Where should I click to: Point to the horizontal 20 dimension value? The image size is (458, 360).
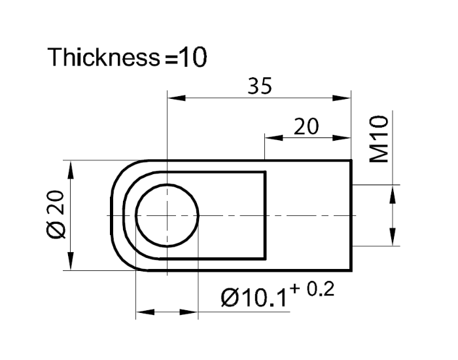pos(306,127)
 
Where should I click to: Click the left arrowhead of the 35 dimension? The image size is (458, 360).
pos(175,99)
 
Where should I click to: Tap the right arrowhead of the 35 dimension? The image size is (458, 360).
pos(344,99)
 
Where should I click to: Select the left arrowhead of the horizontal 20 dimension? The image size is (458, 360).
pos(272,138)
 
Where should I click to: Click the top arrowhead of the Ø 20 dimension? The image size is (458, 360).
pos(70,168)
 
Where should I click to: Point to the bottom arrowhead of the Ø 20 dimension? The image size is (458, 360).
pos(70,263)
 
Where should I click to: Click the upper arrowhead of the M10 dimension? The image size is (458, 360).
pos(393,193)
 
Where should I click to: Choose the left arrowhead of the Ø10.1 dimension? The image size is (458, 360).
pos(143,312)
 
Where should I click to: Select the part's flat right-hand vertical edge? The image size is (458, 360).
pos(352,215)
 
